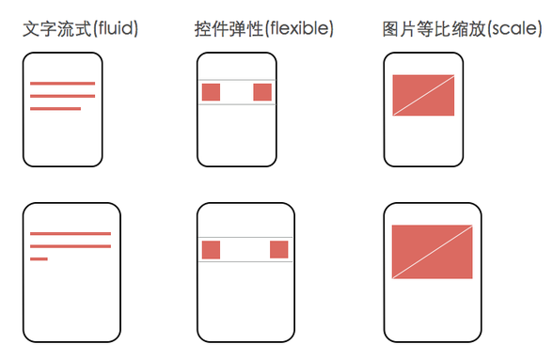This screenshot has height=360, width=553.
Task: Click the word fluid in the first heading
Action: click(116, 28)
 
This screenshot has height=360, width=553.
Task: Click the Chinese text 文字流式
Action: click(57, 28)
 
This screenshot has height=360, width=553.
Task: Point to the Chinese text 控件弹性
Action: click(229, 28)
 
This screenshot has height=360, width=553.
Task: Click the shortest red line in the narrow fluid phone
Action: click(55, 109)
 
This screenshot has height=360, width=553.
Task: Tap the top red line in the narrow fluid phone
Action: click(62, 84)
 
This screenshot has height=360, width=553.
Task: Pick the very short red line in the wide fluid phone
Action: click(39, 259)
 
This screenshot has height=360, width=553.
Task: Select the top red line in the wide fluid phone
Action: click(71, 234)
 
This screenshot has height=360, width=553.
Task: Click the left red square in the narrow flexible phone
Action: click(211, 92)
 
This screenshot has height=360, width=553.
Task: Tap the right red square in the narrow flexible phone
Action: click(262, 92)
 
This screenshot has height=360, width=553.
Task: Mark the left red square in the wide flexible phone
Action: click(211, 250)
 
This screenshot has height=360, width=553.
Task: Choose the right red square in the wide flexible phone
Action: click(279, 250)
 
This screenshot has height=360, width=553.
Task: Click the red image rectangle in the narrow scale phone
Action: click(423, 95)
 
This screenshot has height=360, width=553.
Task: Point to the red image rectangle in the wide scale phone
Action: click(432, 252)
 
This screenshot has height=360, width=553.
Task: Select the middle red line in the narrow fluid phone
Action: click(62, 96)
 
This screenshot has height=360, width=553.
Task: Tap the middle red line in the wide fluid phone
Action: click(71, 246)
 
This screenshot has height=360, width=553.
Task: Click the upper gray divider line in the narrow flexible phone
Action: click(237, 80)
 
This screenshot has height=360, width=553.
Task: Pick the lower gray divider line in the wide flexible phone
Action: click(245, 262)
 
